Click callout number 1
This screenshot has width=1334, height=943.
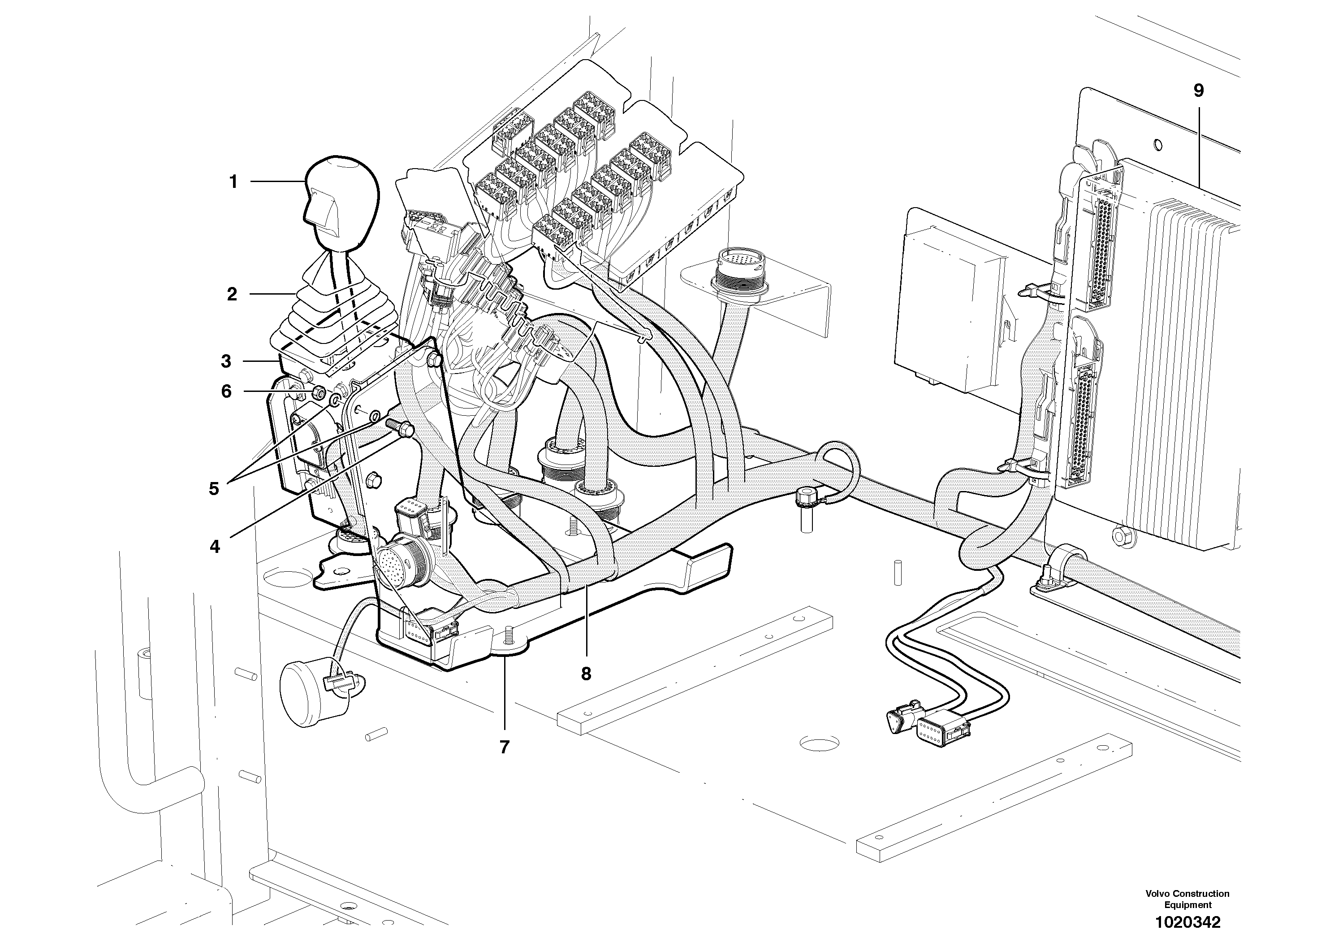[233, 182]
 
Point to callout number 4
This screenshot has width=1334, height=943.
[215, 547]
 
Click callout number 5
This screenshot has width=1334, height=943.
[214, 489]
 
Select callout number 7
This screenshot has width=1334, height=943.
[504, 747]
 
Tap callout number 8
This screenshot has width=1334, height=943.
[586, 674]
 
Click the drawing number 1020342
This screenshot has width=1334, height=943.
[1187, 922]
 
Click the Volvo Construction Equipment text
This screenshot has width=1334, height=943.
[1187, 899]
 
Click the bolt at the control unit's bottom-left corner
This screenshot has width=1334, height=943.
[1120, 535]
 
